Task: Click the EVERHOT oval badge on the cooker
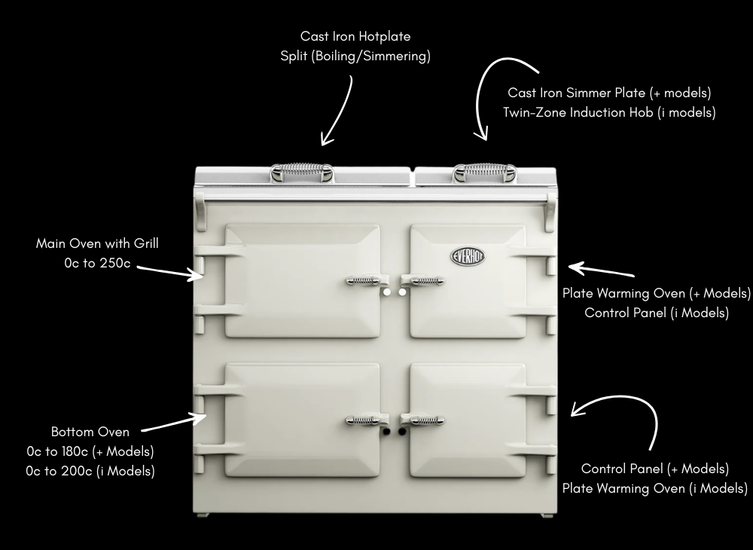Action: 468,256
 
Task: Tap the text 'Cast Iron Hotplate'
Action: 355,36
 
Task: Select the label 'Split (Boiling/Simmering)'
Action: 355,57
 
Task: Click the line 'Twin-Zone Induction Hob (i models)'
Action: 609,112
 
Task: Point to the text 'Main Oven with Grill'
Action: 97,243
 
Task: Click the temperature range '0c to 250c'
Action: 97,263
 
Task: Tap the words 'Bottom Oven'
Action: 90,432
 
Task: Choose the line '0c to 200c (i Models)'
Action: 90,471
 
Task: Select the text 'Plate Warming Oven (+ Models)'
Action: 657,293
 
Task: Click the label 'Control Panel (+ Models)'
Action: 655,469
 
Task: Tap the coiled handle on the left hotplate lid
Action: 302,172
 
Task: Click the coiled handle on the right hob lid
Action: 484,173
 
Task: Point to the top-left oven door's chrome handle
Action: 367,280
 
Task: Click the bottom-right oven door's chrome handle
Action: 422,420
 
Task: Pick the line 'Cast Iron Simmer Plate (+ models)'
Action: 609,93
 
